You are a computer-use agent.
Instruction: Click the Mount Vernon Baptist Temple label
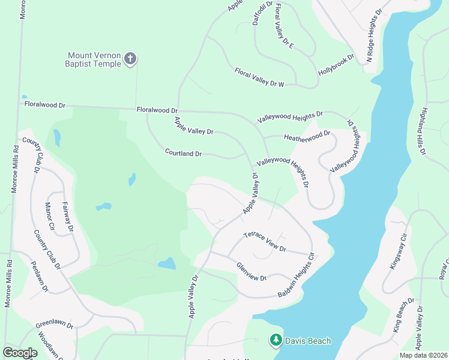pos(94,59)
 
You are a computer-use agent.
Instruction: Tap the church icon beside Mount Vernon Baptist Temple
pos(130,59)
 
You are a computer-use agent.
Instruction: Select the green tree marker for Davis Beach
pos(276,341)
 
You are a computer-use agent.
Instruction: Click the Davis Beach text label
pos(309,341)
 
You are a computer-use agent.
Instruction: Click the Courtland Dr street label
pos(184,154)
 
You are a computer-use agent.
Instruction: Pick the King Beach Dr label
pos(405,315)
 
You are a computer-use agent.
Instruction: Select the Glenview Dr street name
pos(251,271)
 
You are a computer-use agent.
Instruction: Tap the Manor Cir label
pos(50,217)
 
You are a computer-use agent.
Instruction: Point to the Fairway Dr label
pos(68,217)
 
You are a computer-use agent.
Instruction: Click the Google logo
pos(20,353)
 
